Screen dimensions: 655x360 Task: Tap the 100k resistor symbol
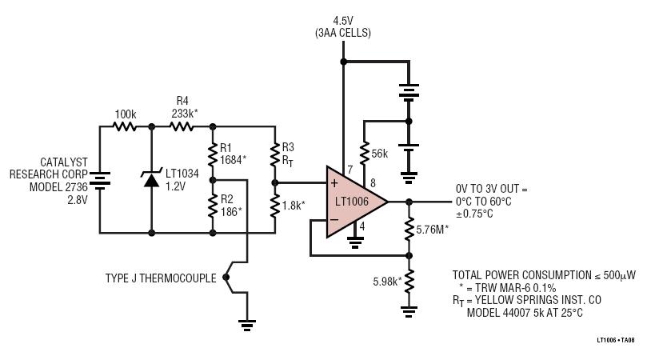click(125, 126)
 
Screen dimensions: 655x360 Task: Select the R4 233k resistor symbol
click(182, 126)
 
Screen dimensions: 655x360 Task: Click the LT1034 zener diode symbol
click(151, 178)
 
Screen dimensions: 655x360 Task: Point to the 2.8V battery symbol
click(100, 181)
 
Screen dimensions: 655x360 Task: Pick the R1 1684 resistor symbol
click(213, 154)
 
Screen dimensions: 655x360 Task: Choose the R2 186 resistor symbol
click(213, 206)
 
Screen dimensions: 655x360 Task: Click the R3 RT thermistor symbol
click(275, 154)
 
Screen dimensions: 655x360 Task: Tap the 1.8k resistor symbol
click(275, 206)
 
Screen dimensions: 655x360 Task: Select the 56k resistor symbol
click(364, 154)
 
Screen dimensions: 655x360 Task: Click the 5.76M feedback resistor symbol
click(409, 229)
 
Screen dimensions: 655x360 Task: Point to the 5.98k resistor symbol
click(409, 282)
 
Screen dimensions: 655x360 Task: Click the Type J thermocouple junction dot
click(226, 277)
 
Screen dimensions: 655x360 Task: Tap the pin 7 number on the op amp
click(350, 170)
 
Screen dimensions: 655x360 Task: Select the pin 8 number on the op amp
click(373, 182)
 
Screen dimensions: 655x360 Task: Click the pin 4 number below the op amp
click(361, 226)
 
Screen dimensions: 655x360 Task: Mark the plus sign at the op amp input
click(334, 183)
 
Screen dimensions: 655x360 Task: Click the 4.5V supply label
click(343, 21)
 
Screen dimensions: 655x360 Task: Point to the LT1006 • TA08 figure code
click(615, 340)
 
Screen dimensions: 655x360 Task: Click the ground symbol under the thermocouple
click(247, 326)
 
